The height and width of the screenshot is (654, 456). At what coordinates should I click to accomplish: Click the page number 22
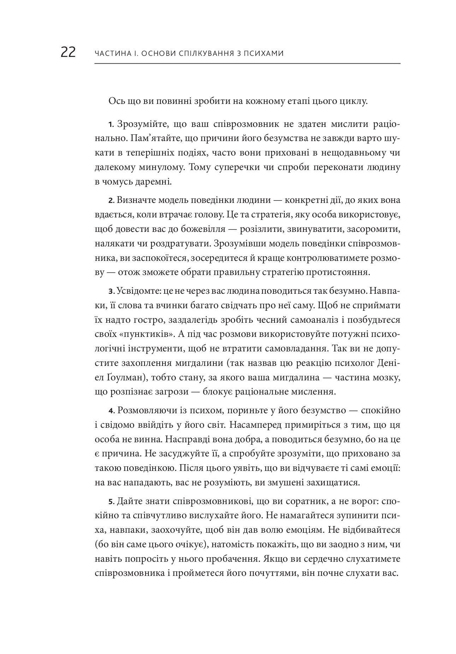pos(68,53)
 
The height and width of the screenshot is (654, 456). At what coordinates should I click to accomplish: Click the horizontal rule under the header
pos(247,64)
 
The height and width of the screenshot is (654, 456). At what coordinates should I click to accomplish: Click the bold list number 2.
pos(110,201)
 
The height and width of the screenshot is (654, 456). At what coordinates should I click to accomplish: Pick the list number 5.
pos(110,502)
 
